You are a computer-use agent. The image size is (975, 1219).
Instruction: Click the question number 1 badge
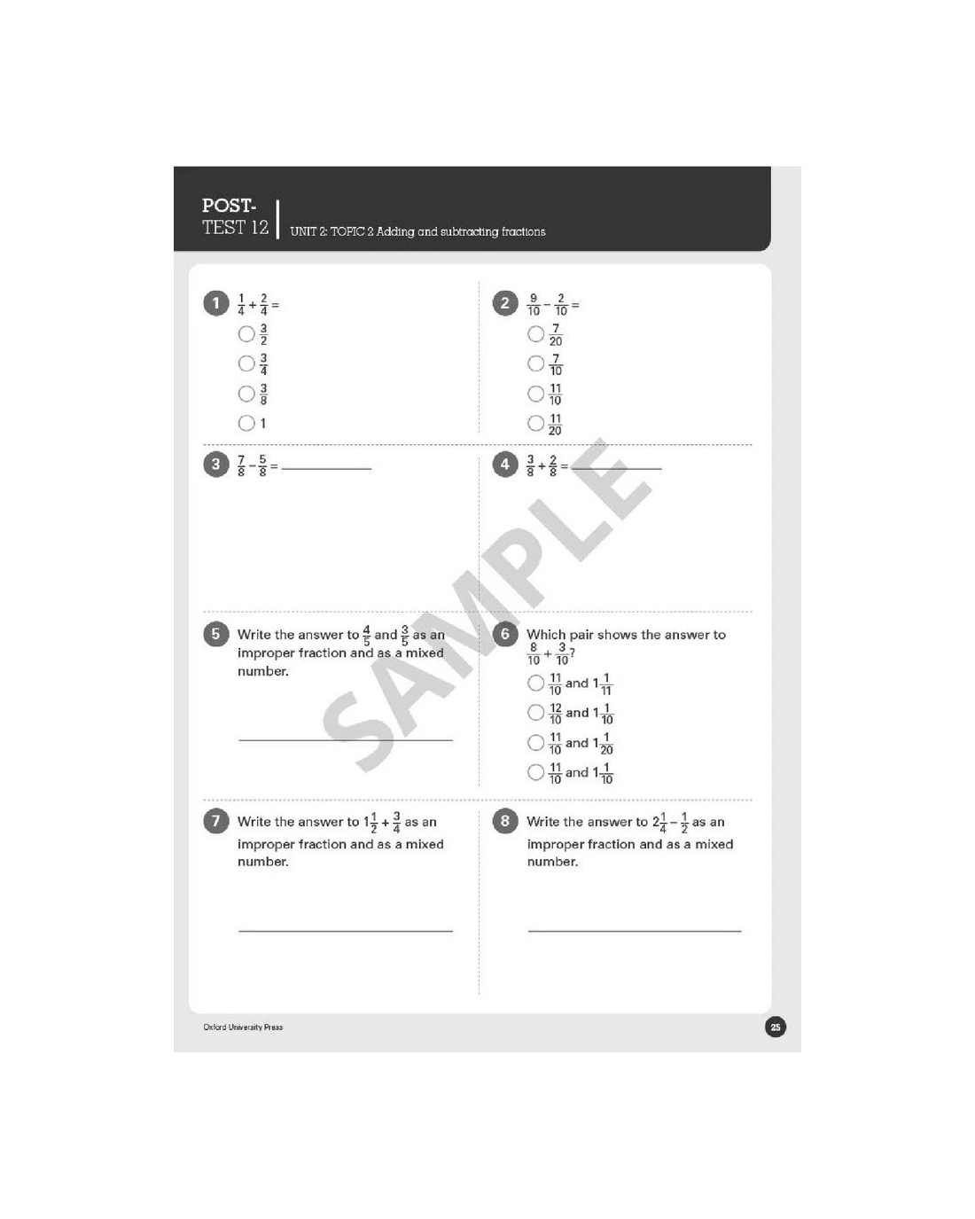(x=216, y=303)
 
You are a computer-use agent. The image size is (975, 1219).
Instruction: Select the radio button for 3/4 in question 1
(x=246, y=363)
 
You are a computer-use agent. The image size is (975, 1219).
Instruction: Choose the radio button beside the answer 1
(x=246, y=423)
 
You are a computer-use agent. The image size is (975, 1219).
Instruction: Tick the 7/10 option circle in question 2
(x=535, y=363)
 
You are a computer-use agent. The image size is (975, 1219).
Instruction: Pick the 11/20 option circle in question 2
(x=535, y=423)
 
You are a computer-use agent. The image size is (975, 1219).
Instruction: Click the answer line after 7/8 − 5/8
(x=326, y=469)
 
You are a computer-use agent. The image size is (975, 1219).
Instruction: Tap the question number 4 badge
(x=504, y=465)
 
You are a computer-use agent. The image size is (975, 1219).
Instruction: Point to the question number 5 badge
(x=216, y=634)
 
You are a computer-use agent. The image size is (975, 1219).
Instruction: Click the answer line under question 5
(x=346, y=739)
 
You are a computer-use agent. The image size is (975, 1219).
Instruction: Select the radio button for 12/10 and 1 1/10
(x=535, y=713)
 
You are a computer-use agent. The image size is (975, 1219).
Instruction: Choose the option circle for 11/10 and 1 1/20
(x=535, y=743)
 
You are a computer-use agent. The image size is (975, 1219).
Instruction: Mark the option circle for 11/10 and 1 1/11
(x=535, y=684)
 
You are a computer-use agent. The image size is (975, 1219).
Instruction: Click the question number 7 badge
(x=216, y=821)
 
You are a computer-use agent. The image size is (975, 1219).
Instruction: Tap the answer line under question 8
(x=635, y=931)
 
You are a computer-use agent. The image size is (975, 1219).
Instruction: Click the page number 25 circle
(x=775, y=1027)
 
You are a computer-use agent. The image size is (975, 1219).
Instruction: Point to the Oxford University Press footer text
(x=243, y=1027)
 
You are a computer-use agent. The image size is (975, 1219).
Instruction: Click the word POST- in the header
(x=229, y=205)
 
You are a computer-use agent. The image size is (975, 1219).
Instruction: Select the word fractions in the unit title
(x=524, y=231)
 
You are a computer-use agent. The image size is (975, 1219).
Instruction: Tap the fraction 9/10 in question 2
(x=533, y=305)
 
